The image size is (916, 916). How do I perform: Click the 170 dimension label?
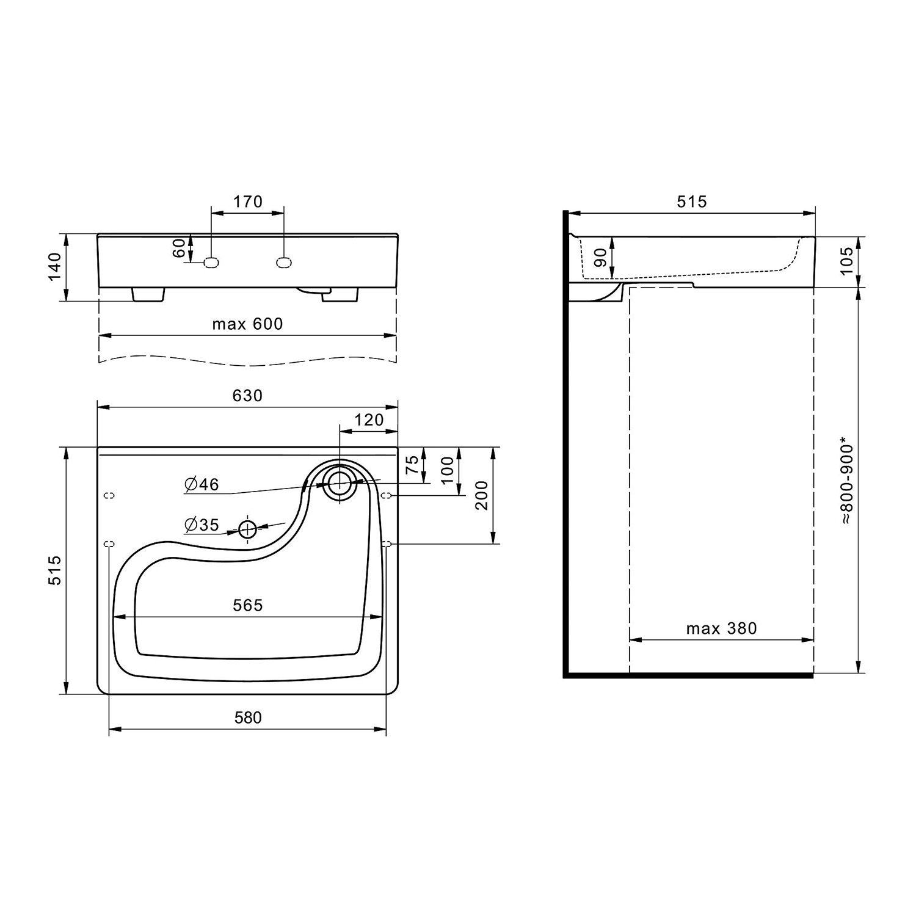[248, 201]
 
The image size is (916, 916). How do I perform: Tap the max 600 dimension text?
[247, 324]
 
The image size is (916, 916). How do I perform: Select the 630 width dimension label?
[247, 396]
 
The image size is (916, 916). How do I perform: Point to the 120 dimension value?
[369, 420]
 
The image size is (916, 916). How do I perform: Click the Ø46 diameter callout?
[202, 485]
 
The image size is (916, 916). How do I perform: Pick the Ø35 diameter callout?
[202, 525]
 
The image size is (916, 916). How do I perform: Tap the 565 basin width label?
[247, 605]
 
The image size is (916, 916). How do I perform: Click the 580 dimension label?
[247, 718]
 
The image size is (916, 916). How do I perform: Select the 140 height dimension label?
[55, 267]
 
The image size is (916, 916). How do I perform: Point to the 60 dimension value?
[178, 248]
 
